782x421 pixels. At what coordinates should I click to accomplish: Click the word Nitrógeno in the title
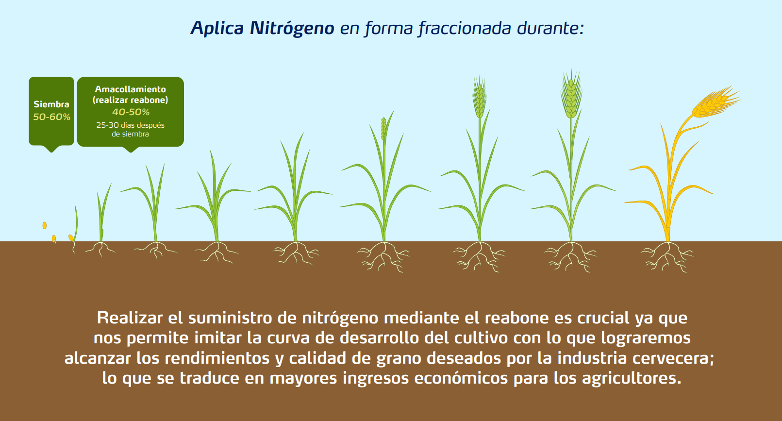click(x=292, y=29)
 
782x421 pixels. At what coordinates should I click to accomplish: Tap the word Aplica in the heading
click(x=217, y=28)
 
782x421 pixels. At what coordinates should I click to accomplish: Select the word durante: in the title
click(x=550, y=28)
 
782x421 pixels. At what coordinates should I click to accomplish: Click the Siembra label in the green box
click(x=51, y=104)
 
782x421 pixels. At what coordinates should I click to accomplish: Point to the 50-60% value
click(x=51, y=117)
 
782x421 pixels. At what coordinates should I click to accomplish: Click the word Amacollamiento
click(x=130, y=89)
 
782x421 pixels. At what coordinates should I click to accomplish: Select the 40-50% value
click(x=131, y=112)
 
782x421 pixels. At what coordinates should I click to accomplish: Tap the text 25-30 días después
click(x=130, y=125)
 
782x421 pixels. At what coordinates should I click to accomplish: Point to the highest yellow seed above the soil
click(x=44, y=225)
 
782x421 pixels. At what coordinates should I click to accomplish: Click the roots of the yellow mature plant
click(x=667, y=257)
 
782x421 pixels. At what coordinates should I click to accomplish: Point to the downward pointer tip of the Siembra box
click(x=51, y=152)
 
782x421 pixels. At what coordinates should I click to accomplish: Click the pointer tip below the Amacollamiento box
click(x=131, y=152)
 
